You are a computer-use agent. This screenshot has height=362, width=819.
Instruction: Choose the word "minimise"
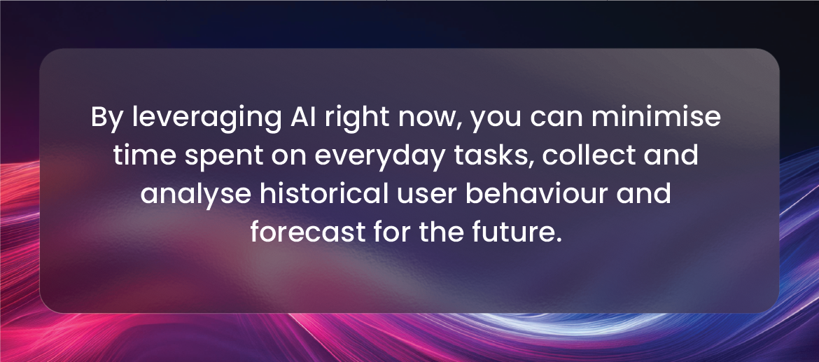(656, 116)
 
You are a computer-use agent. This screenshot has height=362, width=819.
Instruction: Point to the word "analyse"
(196, 195)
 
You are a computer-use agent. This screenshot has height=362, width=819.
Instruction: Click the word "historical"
(324, 193)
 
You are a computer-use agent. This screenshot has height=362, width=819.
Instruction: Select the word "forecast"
(307, 232)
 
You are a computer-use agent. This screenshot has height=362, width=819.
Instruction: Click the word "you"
(496, 121)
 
